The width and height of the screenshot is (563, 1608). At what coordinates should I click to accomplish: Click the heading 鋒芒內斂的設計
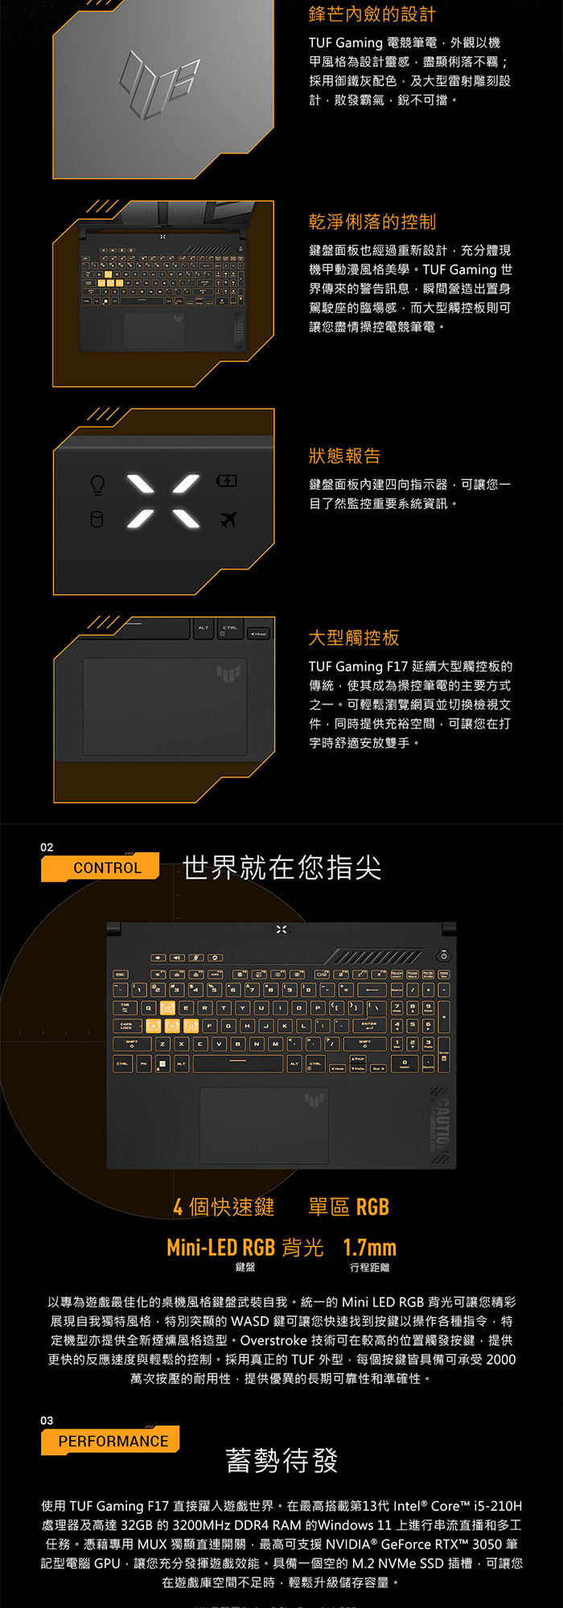(x=372, y=14)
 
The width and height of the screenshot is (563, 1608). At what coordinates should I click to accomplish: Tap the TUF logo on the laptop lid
(x=159, y=82)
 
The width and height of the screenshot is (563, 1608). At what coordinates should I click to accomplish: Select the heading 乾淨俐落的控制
(x=372, y=222)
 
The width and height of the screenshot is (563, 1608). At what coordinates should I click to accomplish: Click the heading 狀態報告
(x=344, y=456)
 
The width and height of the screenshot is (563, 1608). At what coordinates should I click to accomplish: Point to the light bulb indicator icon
(x=97, y=485)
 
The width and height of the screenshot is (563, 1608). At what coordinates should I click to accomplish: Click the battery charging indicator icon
(x=227, y=481)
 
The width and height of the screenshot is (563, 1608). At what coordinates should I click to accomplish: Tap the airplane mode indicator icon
(x=228, y=520)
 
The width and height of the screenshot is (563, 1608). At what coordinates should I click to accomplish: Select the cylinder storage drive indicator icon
(x=97, y=519)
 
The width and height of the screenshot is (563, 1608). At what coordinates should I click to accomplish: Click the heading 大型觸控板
(x=354, y=638)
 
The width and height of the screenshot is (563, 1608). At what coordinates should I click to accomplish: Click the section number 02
(x=47, y=847)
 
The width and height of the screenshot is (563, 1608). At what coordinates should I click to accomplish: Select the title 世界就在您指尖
(x=281, y=868)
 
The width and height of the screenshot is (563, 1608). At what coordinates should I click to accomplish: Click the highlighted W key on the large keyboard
(x=167, y=1007)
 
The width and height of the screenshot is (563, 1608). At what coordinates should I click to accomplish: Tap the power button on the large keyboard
(x=443, y=956)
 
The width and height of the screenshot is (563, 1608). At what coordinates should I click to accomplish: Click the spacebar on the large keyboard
(x=238, y=1063)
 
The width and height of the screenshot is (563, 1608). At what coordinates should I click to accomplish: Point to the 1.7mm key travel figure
(x=369, y=1248)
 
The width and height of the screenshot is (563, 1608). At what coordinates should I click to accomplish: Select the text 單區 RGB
(x=348, y=1207)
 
